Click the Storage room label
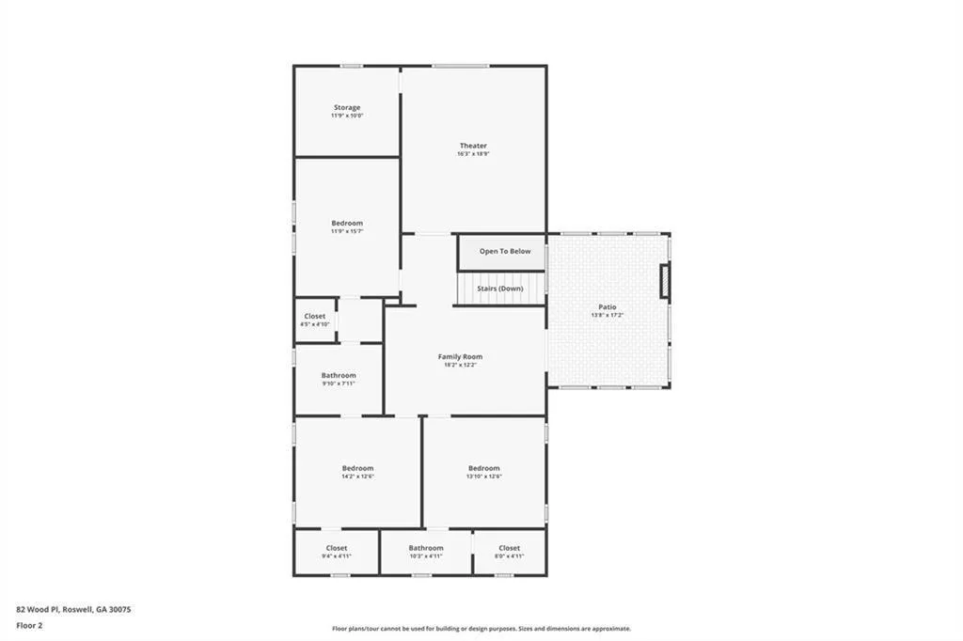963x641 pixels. (347, 107)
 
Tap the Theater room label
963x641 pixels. (473, 146)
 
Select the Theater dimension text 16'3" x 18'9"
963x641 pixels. (473, 154)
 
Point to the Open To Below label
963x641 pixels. (505, 251)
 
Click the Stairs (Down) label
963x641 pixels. (499, 289)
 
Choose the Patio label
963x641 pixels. (608, 306)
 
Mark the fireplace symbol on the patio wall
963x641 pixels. (665, 282)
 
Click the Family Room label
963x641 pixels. (460, 356)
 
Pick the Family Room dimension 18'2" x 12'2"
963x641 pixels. (460, 365)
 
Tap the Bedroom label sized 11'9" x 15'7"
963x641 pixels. (347, 223)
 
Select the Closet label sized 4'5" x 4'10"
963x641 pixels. (315, 316)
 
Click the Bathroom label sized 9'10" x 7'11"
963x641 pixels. (339, 375)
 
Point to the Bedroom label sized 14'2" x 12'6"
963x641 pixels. (357, 468)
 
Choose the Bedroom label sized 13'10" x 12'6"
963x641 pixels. (484, 468)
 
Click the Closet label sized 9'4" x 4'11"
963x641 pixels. (337, 548)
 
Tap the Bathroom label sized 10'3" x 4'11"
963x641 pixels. (426, 548)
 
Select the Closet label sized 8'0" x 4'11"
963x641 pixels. (509, 548)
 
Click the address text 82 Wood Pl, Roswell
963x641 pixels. (74, 609)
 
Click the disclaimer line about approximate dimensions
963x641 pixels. (481, 629)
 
